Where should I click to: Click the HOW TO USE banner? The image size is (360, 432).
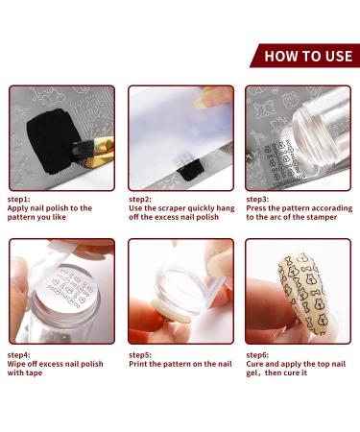tap(305, 56)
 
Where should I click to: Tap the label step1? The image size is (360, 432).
tap(18, 200)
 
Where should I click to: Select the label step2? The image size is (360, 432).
tap(140, 200)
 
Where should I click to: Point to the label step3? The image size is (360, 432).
tap(257, 200)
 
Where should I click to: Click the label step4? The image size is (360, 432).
tap(18, 355)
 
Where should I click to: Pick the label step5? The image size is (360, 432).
tap(140, 355)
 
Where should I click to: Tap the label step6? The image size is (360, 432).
tap(257, 355)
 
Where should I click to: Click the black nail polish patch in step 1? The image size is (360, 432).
tap(51, 141)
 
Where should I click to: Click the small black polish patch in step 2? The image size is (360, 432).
tap(187, 173)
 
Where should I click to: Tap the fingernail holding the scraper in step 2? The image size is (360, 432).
tap(203, 103)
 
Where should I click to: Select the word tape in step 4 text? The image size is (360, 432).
tap(34, 373)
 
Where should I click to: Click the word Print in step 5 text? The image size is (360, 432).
tap(138, 364)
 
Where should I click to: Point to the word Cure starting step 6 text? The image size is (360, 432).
tap(254, 364)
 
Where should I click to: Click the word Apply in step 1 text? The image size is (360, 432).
tap(18, 208)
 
